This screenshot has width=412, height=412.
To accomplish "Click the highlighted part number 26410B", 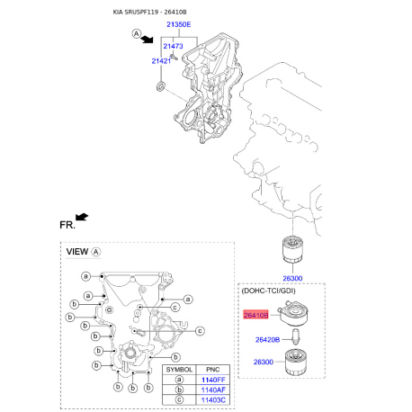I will (256, 315).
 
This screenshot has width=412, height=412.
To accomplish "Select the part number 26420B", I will (267, 340).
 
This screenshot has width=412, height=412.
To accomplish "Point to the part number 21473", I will (173, 45).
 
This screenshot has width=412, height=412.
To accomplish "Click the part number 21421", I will (161, 60).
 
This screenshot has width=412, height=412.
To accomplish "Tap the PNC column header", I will (214, 369).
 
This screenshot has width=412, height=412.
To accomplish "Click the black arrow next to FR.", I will (82, 216).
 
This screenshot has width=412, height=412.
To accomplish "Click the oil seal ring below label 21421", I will (160, 86).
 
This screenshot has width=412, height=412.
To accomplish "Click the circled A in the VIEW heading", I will (97, 253).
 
